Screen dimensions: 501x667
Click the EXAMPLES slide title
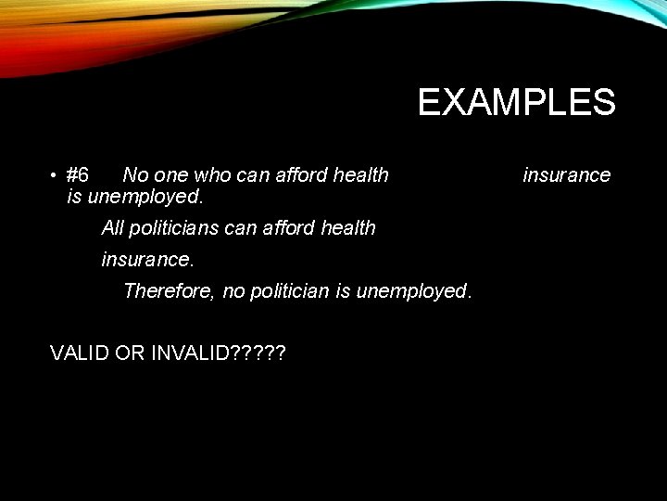point(516,102)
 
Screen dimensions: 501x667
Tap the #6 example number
point(78,175)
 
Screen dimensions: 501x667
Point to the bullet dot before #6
point(56,176)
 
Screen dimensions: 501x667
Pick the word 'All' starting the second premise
point(113,228)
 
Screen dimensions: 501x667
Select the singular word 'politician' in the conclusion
point(289,291)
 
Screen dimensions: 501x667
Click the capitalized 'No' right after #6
point(134,175)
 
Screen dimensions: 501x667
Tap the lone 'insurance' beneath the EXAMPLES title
point(567,175)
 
